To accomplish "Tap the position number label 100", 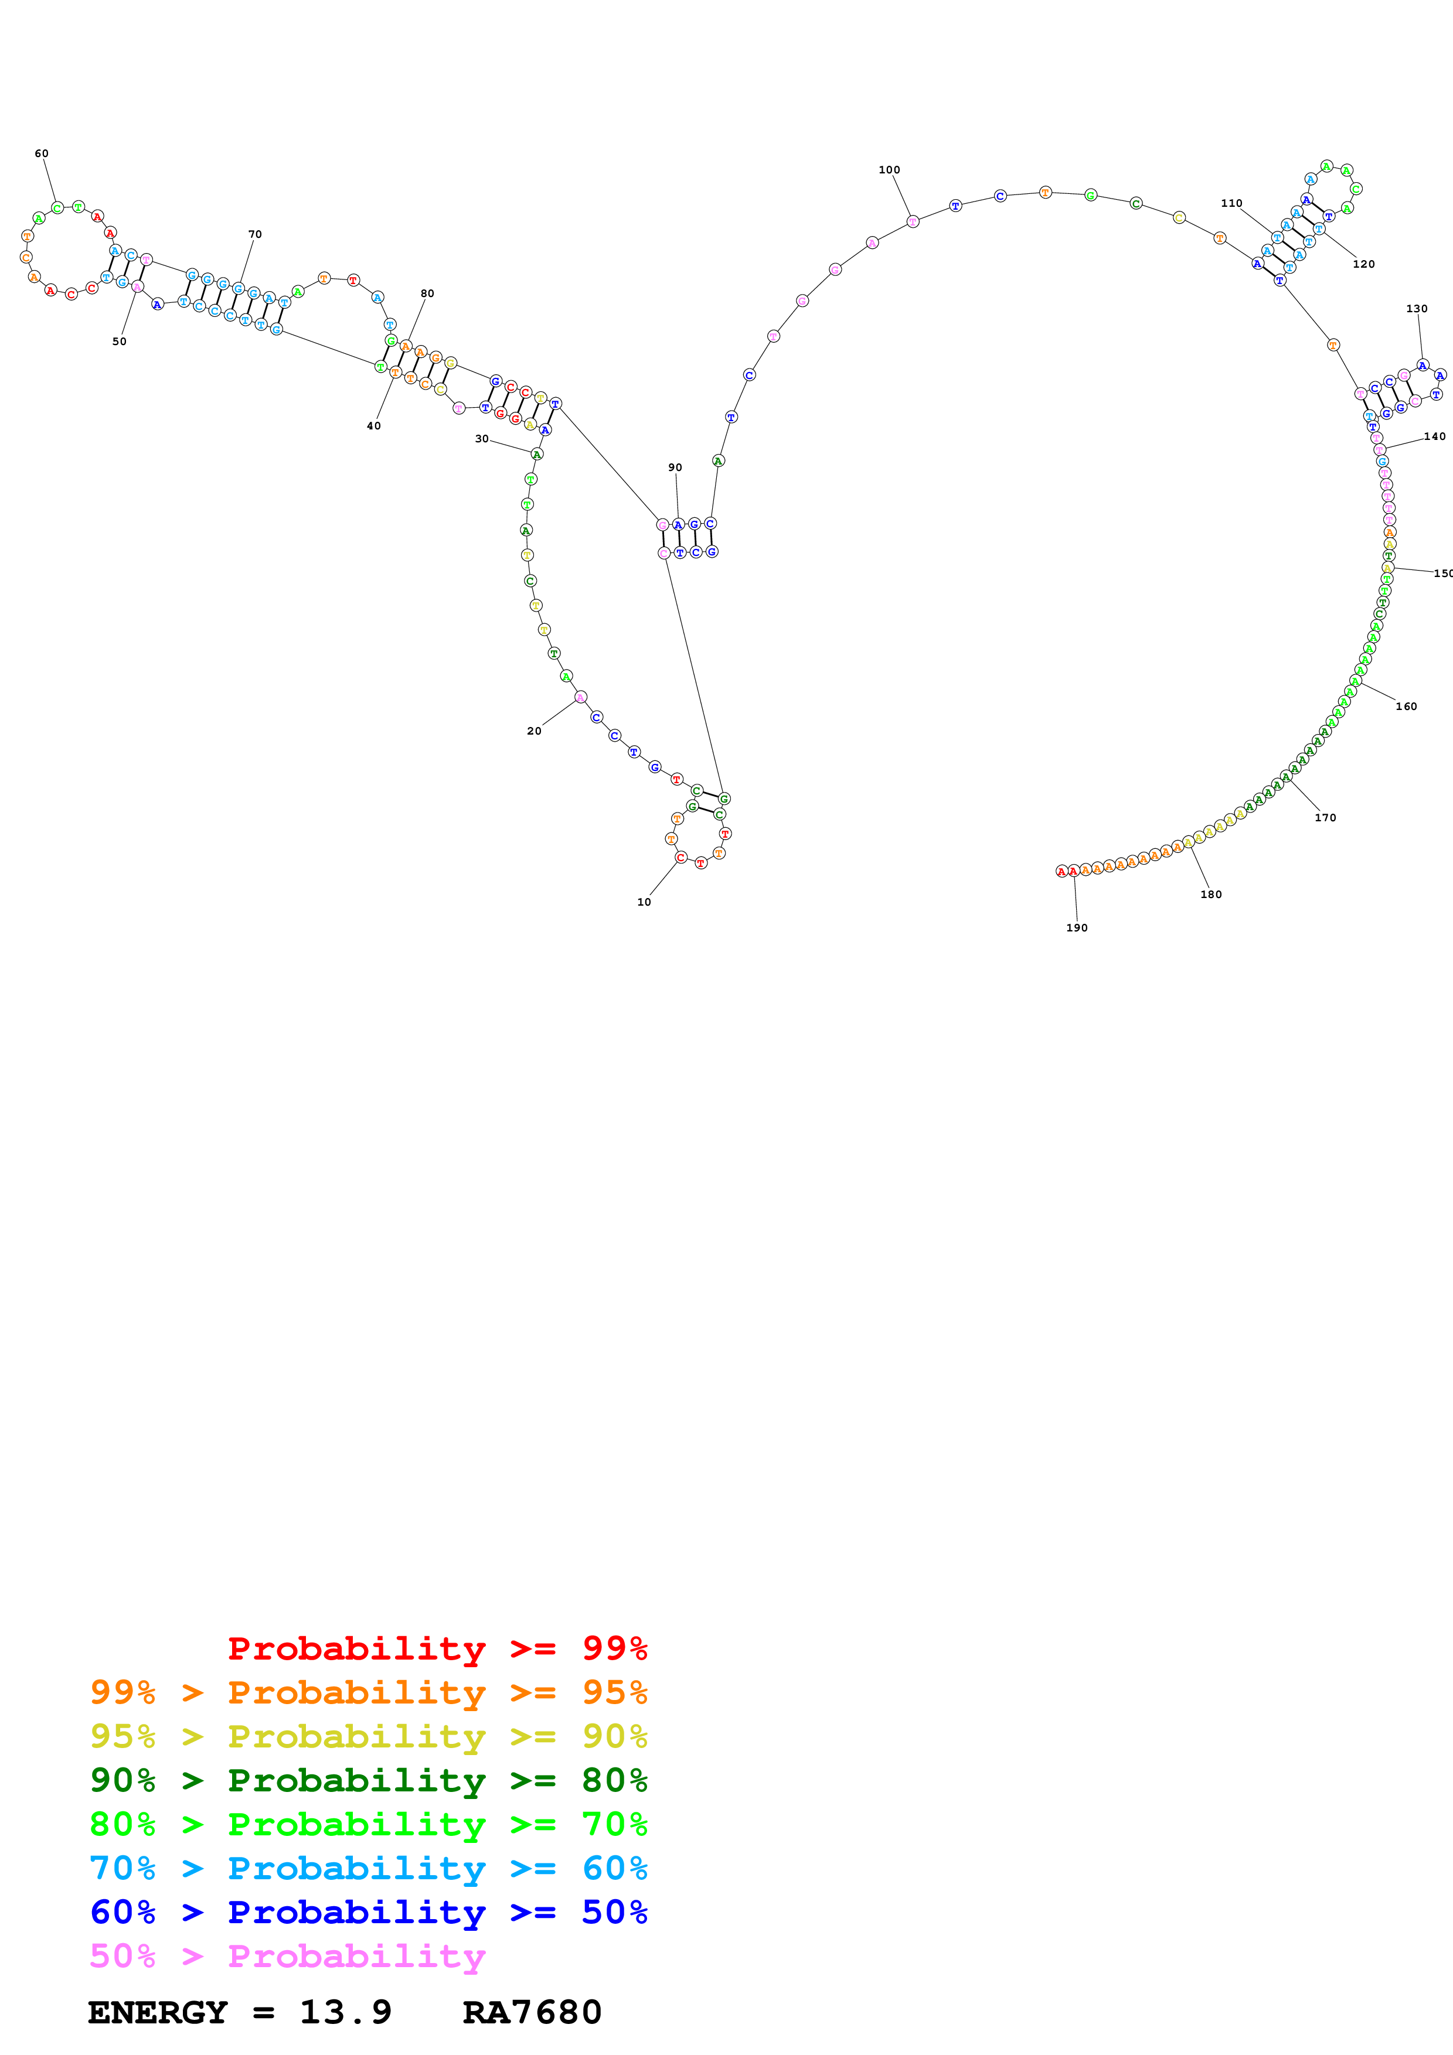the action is [889, 170].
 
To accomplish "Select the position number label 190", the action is [1076, 928].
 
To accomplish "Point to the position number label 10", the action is [644, 902].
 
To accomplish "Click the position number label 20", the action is [533, 731].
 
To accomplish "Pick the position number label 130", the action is [1416, 309].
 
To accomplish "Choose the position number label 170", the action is [1325, 818].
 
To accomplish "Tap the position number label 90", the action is [675, 468].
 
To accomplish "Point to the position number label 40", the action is [373, 426].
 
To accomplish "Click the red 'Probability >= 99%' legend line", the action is [437, 1648].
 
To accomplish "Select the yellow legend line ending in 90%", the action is [368, 1736].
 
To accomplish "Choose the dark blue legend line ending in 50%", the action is [368, 1912].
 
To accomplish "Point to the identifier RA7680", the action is [532, 2012].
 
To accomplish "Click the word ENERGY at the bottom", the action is [158, 2012].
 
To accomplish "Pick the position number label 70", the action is [255, 234].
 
